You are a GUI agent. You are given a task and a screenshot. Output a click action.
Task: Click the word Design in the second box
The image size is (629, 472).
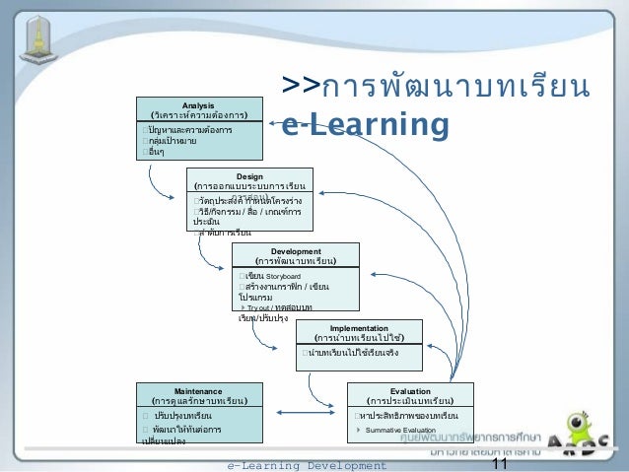(x=249, y=174)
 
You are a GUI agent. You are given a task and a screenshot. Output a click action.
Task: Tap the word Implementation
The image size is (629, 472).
(x=359, y=328)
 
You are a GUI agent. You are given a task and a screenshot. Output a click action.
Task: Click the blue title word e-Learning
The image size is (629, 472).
(x=366, y=125)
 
